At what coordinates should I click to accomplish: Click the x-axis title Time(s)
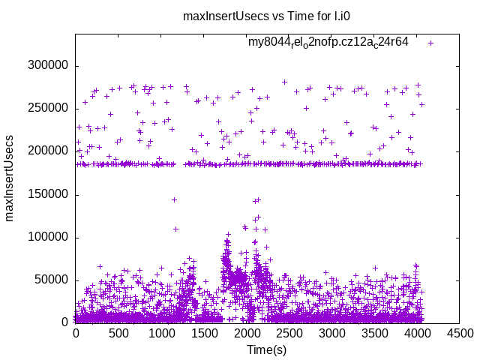[267, 350]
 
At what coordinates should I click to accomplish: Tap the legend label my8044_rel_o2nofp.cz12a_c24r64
[328, 43]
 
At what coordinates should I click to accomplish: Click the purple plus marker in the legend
[430, 43]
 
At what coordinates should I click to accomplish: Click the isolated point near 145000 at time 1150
[174, 199]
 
